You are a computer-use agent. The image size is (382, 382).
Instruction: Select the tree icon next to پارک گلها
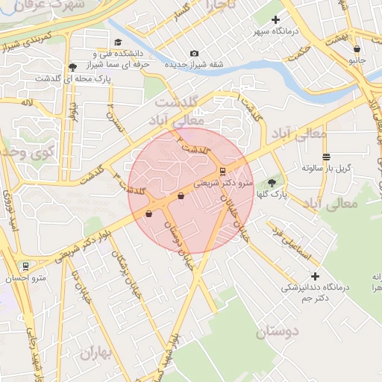[272, 181]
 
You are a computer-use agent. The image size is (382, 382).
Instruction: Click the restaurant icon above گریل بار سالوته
[327, 156]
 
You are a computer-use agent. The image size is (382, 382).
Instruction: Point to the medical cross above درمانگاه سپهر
[276, 19]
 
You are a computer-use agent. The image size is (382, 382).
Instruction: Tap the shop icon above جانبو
[357, 50]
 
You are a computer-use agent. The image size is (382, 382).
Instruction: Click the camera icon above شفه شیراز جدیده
[194, 53]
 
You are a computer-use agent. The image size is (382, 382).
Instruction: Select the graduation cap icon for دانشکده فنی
[118, 43]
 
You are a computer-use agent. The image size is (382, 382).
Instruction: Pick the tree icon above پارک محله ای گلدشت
[72, 67]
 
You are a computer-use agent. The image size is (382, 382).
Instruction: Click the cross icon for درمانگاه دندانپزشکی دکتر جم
[315, 276]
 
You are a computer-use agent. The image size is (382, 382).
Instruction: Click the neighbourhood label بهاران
[97, 352]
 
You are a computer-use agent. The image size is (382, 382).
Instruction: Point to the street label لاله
[28, 101]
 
